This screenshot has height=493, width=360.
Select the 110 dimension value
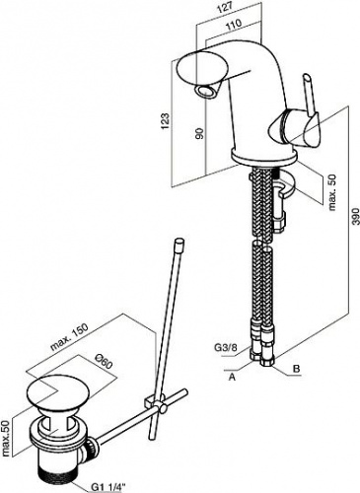point(234,24)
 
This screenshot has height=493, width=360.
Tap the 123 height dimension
point(166,120)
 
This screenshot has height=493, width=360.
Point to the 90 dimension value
point(199,132)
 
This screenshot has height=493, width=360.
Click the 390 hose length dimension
point(354,217)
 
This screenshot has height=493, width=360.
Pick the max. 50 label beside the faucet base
point(332,192)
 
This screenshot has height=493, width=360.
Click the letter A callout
point(232,378)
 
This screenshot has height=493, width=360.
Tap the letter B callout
point(296,369)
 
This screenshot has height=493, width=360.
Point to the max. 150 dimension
point(69,337)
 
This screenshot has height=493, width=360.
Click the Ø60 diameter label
point(103,363)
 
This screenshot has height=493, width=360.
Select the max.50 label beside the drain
point(6,438)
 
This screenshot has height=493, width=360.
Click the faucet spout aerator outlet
point(206,91)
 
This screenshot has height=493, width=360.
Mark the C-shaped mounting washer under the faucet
point(283,186)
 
